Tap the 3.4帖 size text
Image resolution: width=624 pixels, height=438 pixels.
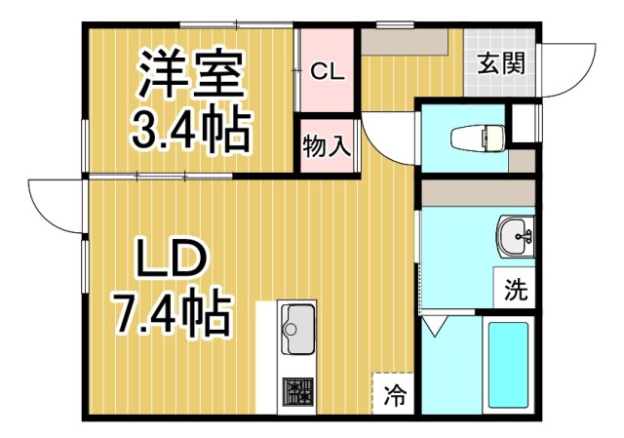coord(190,130)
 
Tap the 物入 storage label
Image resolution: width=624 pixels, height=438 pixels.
coord(327,147)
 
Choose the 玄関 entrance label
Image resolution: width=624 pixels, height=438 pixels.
coord(501,64)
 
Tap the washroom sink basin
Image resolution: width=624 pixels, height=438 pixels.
coord(514,234)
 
